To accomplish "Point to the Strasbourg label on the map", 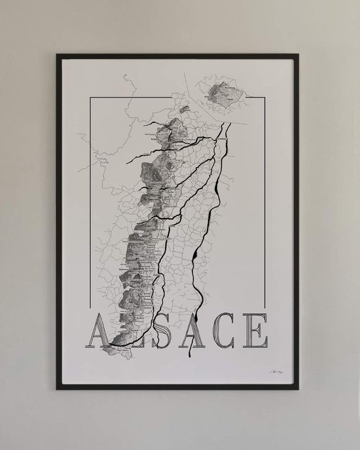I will (219, 139).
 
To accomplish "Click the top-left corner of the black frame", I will (58, 55).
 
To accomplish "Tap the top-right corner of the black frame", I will (299, 55).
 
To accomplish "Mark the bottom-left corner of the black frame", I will (58, 388).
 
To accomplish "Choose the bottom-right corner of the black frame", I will (299, 388).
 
